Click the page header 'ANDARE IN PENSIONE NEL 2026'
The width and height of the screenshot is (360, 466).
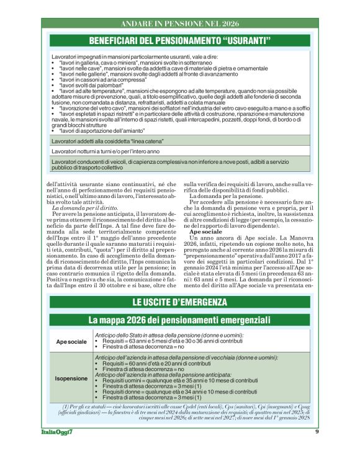click(x=180, y=24)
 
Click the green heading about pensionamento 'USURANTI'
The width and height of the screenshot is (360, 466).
click(x=180, y=41)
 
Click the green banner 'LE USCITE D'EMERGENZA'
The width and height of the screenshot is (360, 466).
click(x=180, y=303)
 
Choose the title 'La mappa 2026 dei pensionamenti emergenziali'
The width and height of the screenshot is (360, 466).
click(x=180, y=320)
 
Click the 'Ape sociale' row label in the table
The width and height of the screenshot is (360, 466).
click(x=71, y=342)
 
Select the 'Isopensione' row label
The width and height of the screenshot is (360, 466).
click(x=71, y=377)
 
